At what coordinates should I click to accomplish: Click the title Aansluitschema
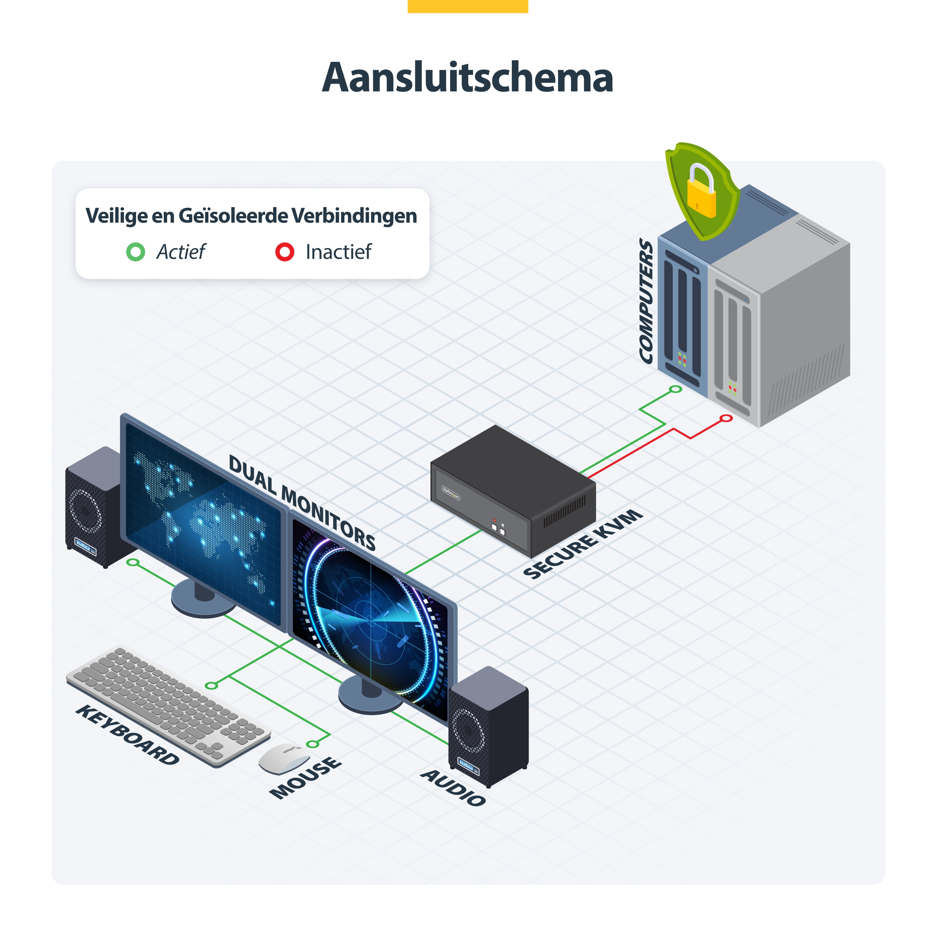click(x=468, y=78)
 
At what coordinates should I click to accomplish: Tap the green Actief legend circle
click(x=136, y=252)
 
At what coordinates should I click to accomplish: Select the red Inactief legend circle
click(x=285, y=252)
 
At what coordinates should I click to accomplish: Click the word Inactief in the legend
click(x=339, y=252)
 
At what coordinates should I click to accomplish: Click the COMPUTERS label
click(x=646, y=301)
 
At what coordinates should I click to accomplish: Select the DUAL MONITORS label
click(x=302, y=502)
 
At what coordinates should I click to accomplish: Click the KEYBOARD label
click(x=127, y=735)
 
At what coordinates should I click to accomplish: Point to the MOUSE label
click(x=306, y=778)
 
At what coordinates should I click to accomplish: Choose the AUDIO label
click(x=453, y=787)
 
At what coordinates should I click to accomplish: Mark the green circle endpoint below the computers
click(x=675, y=389)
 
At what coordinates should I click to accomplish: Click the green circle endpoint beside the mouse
click(x=313, y=744)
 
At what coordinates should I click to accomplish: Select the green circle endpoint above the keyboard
click(x=211, y=686)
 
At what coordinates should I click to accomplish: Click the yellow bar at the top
click(x=468, y=6)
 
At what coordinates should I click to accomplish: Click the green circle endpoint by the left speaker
click(x=133, y=562)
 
